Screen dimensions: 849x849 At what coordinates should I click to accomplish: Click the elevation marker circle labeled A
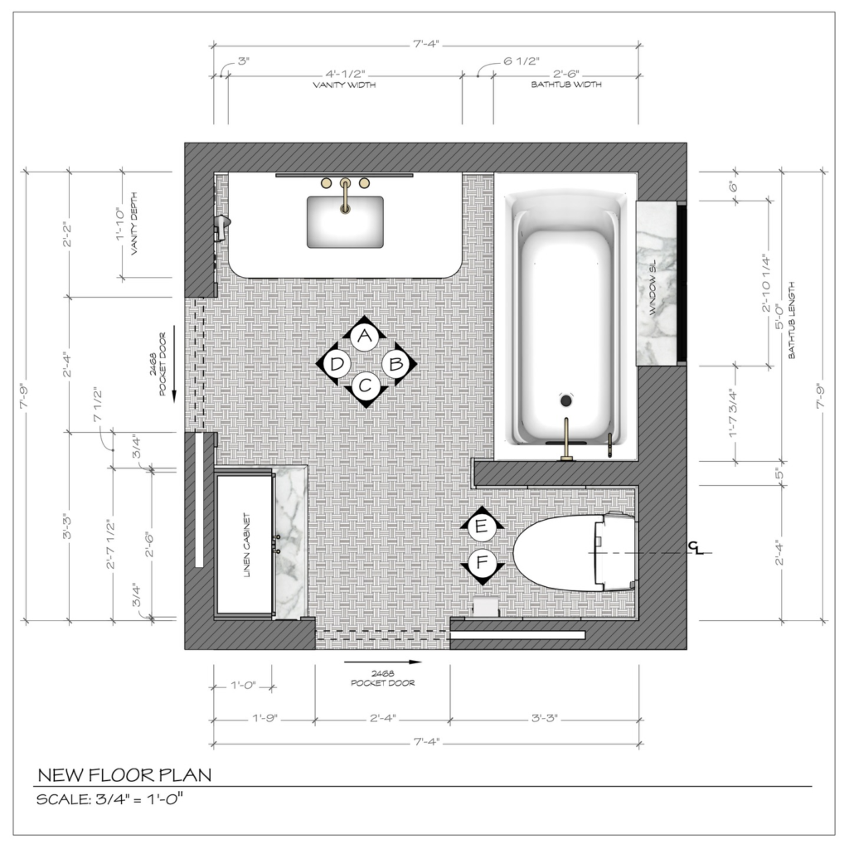[x=365, y=337]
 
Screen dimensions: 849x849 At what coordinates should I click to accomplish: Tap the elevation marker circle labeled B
[x=395, y=363]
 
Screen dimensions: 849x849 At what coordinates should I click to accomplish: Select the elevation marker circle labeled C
[x=365, y=386]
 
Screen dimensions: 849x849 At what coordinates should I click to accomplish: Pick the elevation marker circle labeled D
[x=337, y=363]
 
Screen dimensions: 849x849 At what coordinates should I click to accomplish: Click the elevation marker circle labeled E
[x=482, y=526]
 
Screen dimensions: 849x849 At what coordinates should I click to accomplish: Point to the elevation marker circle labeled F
[x=482, y=563]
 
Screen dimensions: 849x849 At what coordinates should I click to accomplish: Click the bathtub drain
[x=565, y=400]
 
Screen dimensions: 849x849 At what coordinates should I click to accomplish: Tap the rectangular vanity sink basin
[x=345, y=222]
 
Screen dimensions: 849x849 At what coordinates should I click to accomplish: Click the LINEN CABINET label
[x=247, y=546]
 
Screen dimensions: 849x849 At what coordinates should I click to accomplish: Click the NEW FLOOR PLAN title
[x=124, y=775]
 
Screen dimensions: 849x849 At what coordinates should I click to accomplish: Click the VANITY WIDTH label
[x=344, y=85]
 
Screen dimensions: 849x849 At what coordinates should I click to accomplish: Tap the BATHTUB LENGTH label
[x=792, y=320]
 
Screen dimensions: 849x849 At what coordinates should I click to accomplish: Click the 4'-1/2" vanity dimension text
[x=346, y=74]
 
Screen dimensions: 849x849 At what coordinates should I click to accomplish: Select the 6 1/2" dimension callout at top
[x=522, y=61]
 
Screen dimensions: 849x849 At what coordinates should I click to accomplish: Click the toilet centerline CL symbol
[x=696, y=549]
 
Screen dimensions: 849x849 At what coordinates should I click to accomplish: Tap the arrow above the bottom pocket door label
[x=382, y=662]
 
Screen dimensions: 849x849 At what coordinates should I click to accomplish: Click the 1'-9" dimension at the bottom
[x=264, y=719]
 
